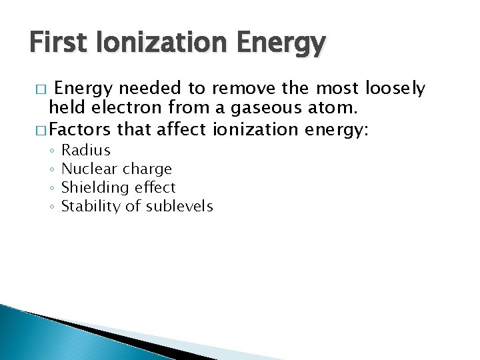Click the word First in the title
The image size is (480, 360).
point(61,45)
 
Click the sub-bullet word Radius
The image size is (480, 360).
point(85,150)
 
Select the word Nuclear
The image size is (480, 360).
point(89,169)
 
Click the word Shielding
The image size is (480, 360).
point(93,187)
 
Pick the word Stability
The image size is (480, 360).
point(91,206)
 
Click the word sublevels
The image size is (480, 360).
point(179,206)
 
